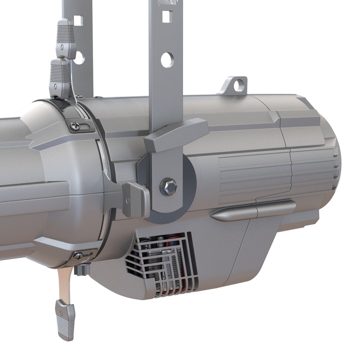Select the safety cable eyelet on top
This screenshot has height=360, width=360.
[237, 85]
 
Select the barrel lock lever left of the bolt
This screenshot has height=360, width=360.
[135, 199]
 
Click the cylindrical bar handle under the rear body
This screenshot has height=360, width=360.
[253, 212]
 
